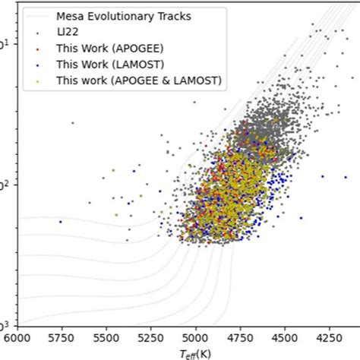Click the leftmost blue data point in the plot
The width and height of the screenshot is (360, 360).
(x=61, y=222)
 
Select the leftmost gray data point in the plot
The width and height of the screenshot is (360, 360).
(x=73, y=122)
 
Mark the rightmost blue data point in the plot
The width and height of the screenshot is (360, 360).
(x=323, y=176)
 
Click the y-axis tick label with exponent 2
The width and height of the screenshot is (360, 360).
(x=5, y=184)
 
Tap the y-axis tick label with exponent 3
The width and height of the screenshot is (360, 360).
(x=5, y=324)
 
